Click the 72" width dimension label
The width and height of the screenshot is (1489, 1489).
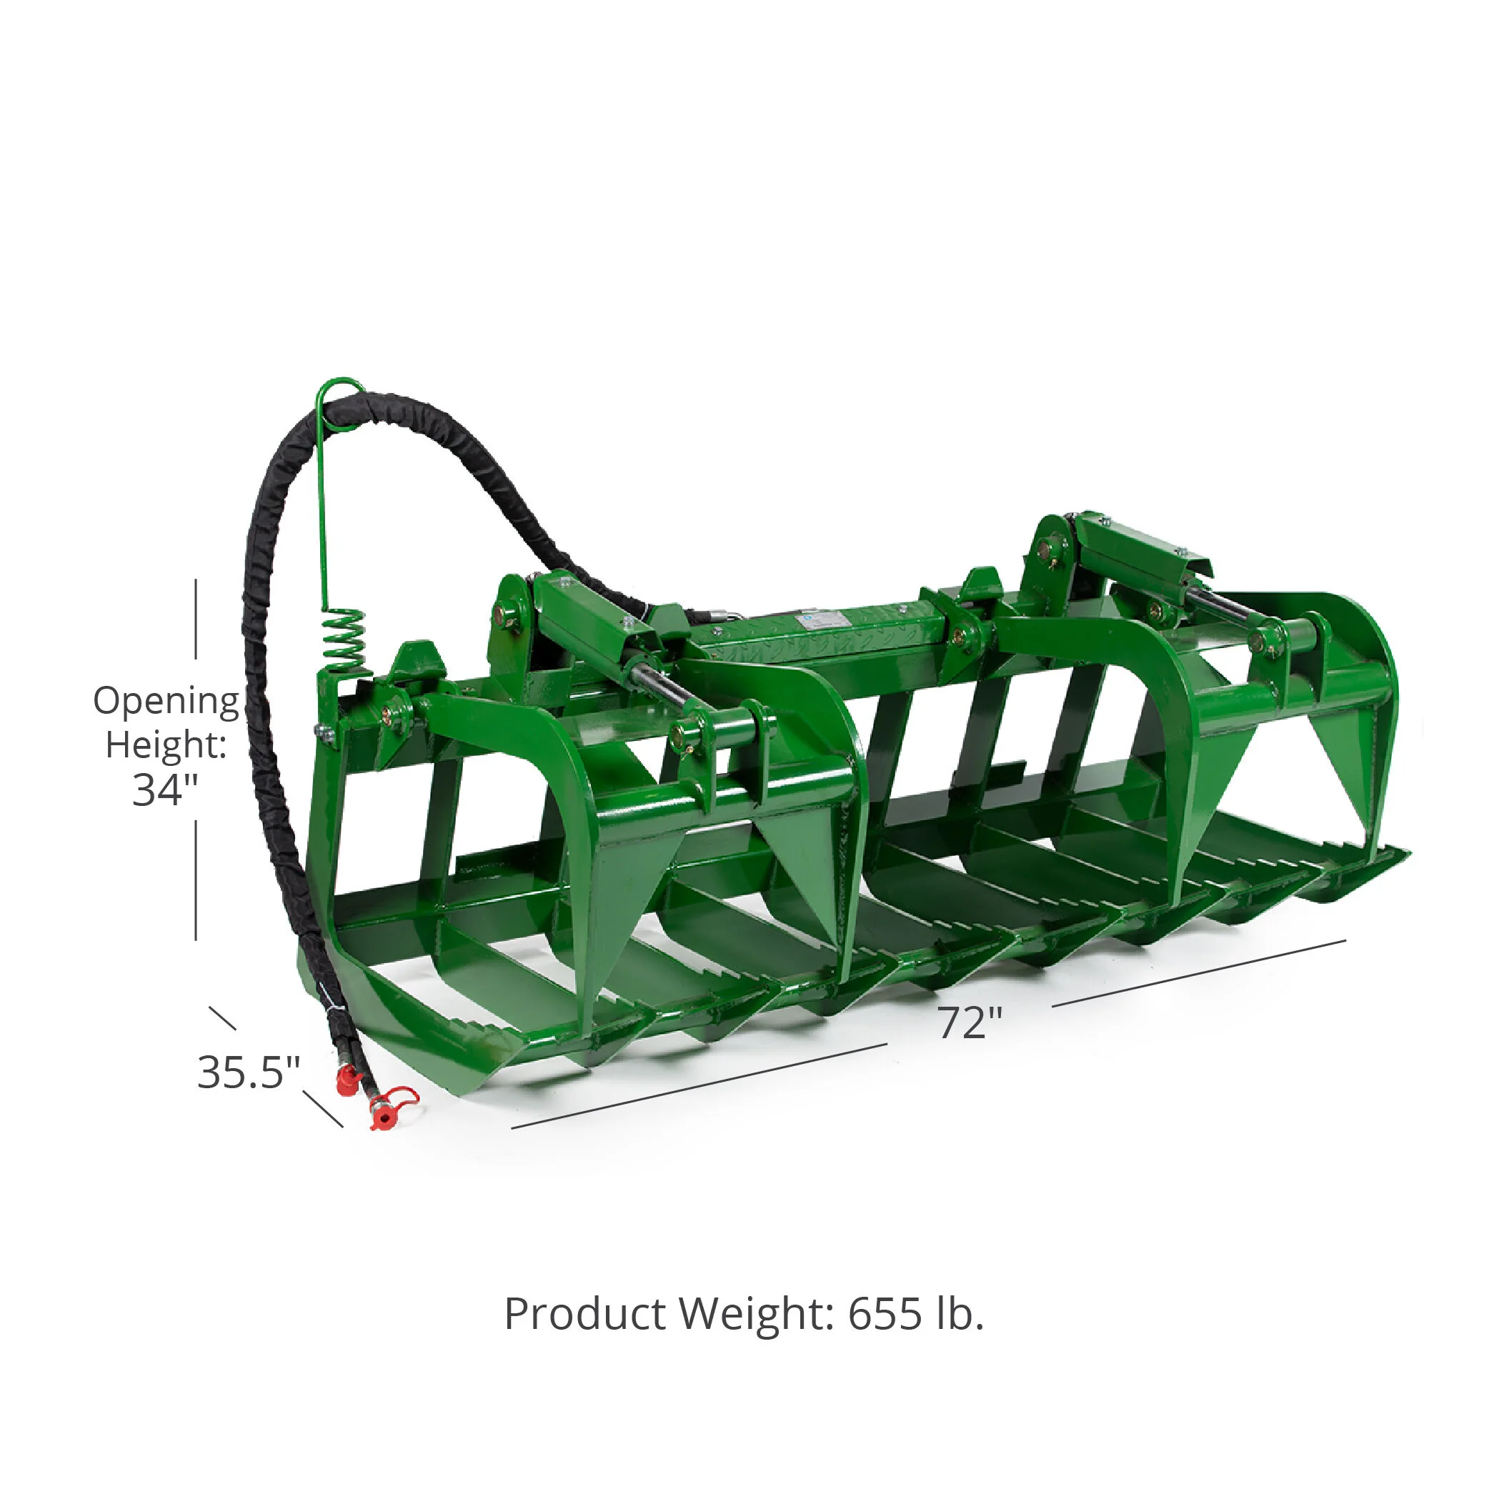point(970,1022)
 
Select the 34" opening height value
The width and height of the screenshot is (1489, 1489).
point(165,790)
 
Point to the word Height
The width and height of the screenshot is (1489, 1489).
point(166,745)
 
